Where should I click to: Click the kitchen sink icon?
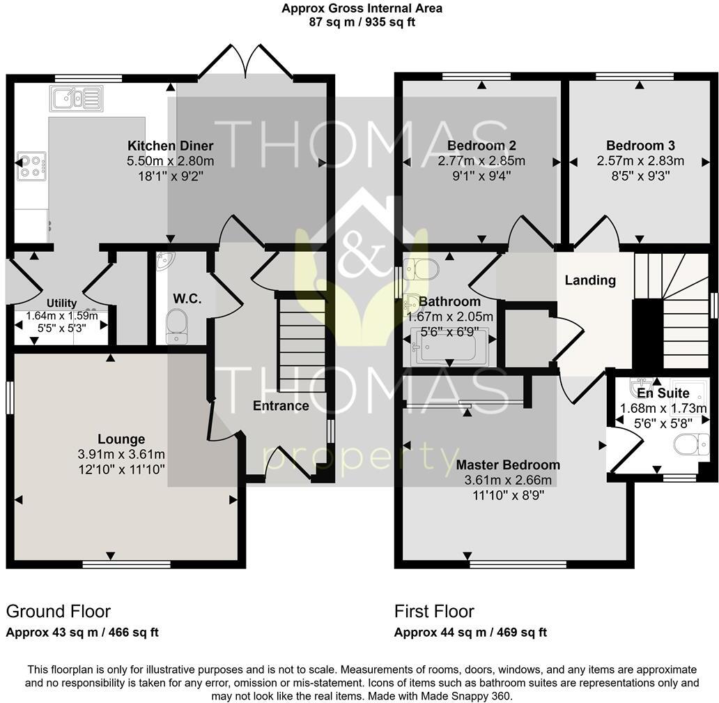[x=76, y=98]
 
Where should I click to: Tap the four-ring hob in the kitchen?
[x=32, y=166]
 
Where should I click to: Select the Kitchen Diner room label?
[x=170, y=146]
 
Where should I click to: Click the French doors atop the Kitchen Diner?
[x=245, y=63]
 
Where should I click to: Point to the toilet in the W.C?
[x=177, y=325]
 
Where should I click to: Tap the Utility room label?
[x=61, y=303]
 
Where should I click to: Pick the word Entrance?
[x=281, y=406]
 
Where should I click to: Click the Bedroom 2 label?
[x=481, y=146]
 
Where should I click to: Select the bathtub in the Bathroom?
[x=449, y=347]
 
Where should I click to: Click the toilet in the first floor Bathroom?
[x=421, y=269]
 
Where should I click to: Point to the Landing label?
[x=590, y=280]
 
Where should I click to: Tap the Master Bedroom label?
[x=507, y=465]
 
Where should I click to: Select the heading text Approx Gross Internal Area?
[x=362, y=8]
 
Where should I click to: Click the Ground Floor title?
[x=59, y=612]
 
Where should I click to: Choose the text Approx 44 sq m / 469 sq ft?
[x=470, y=633]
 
